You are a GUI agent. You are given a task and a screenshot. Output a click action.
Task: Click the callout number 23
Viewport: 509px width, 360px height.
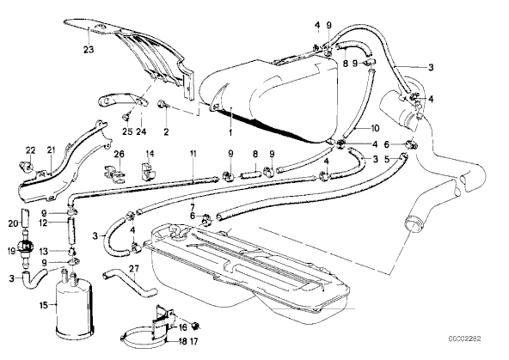(x=89, y=50)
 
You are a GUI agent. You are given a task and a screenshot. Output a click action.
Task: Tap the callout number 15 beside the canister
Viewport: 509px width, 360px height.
(x=44, y=305)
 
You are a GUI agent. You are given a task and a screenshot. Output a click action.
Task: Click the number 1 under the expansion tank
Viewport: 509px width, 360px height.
(x=230, y=132)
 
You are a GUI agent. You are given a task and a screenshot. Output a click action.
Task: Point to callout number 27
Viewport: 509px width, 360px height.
(x=134, y=269)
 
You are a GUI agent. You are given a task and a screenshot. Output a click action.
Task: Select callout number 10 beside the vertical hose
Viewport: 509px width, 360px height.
(x=375, y=128)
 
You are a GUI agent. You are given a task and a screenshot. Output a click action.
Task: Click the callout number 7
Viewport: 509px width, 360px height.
(x=193, y=206)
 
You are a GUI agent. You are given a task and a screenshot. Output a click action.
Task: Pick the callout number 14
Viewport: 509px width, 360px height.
(x=150, y=154)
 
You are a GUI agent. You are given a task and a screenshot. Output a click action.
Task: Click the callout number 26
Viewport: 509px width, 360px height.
(x=120, y=154)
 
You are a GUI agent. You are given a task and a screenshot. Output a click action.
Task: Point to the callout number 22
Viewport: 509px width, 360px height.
(x=31, y=150)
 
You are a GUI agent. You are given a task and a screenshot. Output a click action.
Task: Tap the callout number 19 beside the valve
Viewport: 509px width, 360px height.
(x=11, y=250)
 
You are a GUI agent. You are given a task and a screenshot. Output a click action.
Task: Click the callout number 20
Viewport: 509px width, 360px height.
(x=13, y=223)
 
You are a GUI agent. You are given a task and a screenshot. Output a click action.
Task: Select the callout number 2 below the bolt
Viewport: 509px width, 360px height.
(x=166, y=132)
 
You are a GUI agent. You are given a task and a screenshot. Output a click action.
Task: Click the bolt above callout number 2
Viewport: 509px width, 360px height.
(x=162, y=105)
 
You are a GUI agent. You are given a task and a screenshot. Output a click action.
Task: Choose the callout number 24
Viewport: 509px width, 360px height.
(x=141, y=131)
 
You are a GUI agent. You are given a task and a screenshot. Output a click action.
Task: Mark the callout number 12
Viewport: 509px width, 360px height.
(x=43, y=223)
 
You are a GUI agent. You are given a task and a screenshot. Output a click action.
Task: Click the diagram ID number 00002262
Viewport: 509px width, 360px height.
(x=465, y=339)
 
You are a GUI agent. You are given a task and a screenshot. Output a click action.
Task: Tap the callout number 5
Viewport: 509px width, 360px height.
(x=386, y=159)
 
